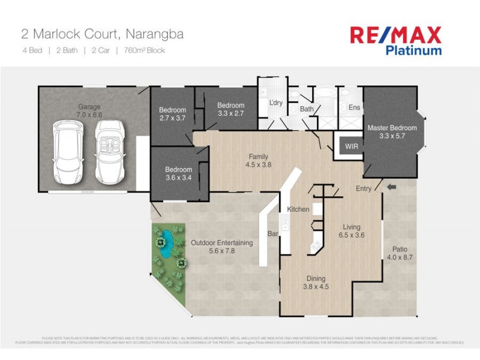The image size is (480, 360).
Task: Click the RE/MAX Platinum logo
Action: click(x=395, y=40)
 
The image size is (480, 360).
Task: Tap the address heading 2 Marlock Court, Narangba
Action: click(x=102, y=34)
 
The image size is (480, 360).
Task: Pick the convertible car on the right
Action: click(x=109, y=152)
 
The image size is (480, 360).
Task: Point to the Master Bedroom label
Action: click(x=392, y=131)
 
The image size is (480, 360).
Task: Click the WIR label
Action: click(x=351, y=146)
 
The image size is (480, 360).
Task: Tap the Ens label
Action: click(x=354, y=107)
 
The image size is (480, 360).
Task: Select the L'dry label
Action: click(x=276, y=103)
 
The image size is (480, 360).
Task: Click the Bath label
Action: click(x=307, y=109)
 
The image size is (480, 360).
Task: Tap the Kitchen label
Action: click(x=298, y=209)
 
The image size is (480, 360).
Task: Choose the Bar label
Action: click(x=271, y=233)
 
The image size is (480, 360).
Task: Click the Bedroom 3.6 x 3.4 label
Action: click(x=179, y=173)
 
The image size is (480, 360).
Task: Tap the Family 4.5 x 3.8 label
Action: click(x=259, y=160)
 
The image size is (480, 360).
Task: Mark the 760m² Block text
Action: click(x=144, y=50)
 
